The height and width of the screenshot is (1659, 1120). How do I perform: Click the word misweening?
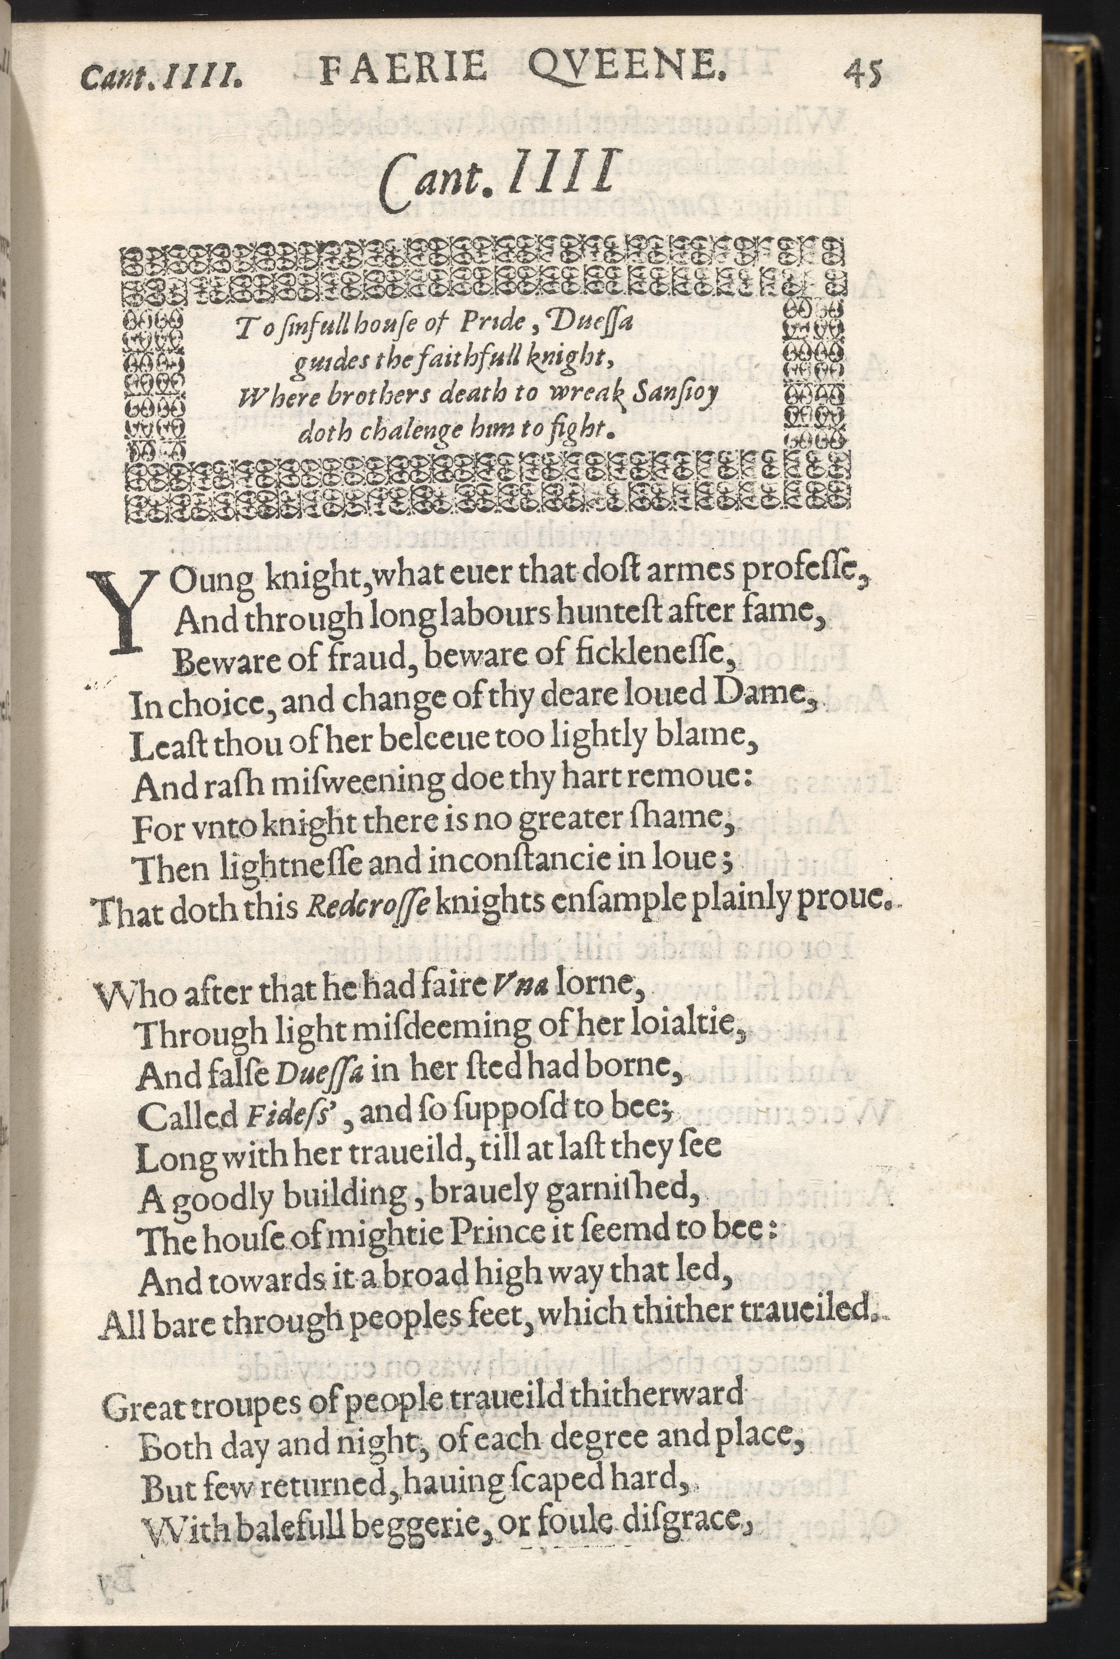pos(368,783)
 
